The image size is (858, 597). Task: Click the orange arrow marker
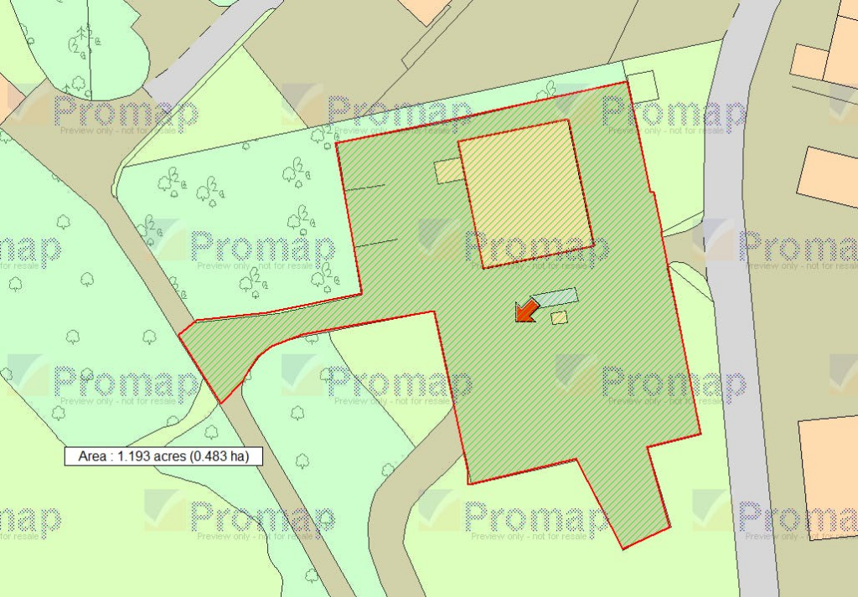pyautogui.click(x=526, y=311)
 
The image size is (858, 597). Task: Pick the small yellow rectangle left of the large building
pyautogui.click(x=447, y=171)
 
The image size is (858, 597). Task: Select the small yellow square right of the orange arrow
pyautogui.click(x=560, y=317)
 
